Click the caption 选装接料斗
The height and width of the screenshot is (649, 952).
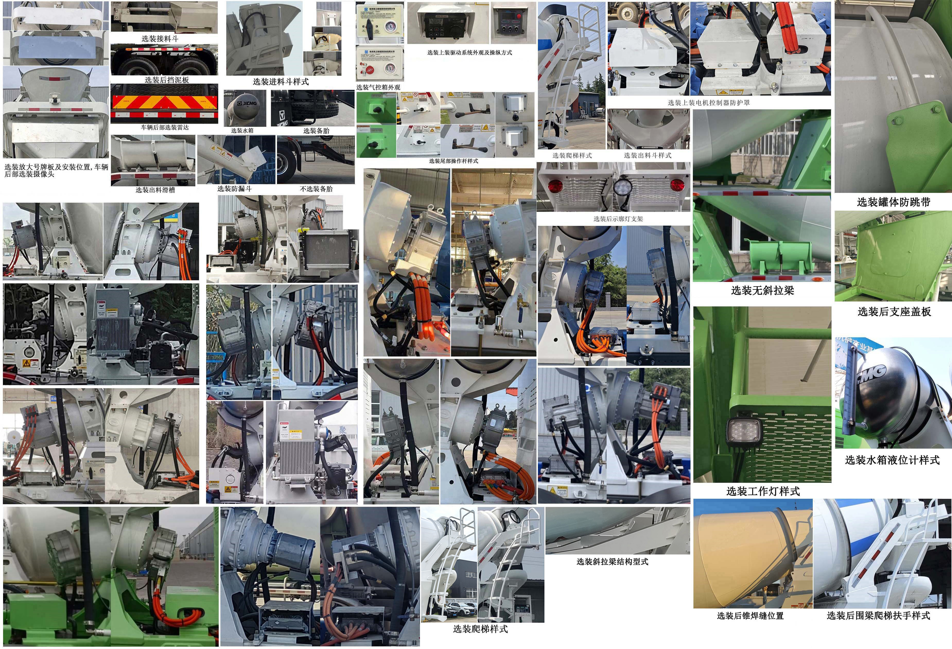[x=160, y=39]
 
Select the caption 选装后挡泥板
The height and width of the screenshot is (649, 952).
[x=167, y=80]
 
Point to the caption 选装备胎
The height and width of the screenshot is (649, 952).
[x=316, y=131]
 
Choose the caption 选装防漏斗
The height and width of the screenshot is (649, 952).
[x=234, y=189]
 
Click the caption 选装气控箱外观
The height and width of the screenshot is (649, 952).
[x=378, y=87]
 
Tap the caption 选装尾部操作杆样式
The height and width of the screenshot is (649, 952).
[x=453, y=161]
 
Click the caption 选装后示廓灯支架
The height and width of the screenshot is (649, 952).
[x=618, y=219]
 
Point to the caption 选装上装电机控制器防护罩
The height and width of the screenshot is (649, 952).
[x=709, y=103]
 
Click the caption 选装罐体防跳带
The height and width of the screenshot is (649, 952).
[x=893, y=202]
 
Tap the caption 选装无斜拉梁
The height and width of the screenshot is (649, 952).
[x=762, y=290]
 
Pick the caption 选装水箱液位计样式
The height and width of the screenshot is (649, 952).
[x=892, y=460]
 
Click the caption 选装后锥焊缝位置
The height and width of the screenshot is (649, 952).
[x=750, y=615]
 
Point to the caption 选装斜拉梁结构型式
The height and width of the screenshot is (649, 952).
[x=612, y=562]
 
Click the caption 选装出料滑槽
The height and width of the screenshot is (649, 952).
[x=155, y=190]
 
